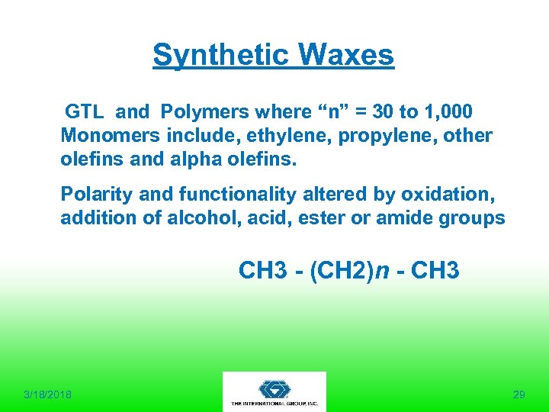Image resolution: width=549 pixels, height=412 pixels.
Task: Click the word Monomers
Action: (x=100, y=136)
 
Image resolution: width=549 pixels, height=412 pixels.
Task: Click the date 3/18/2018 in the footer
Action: (x=48, y=394)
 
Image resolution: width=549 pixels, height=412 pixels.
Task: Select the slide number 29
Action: (x=519, y=394)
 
